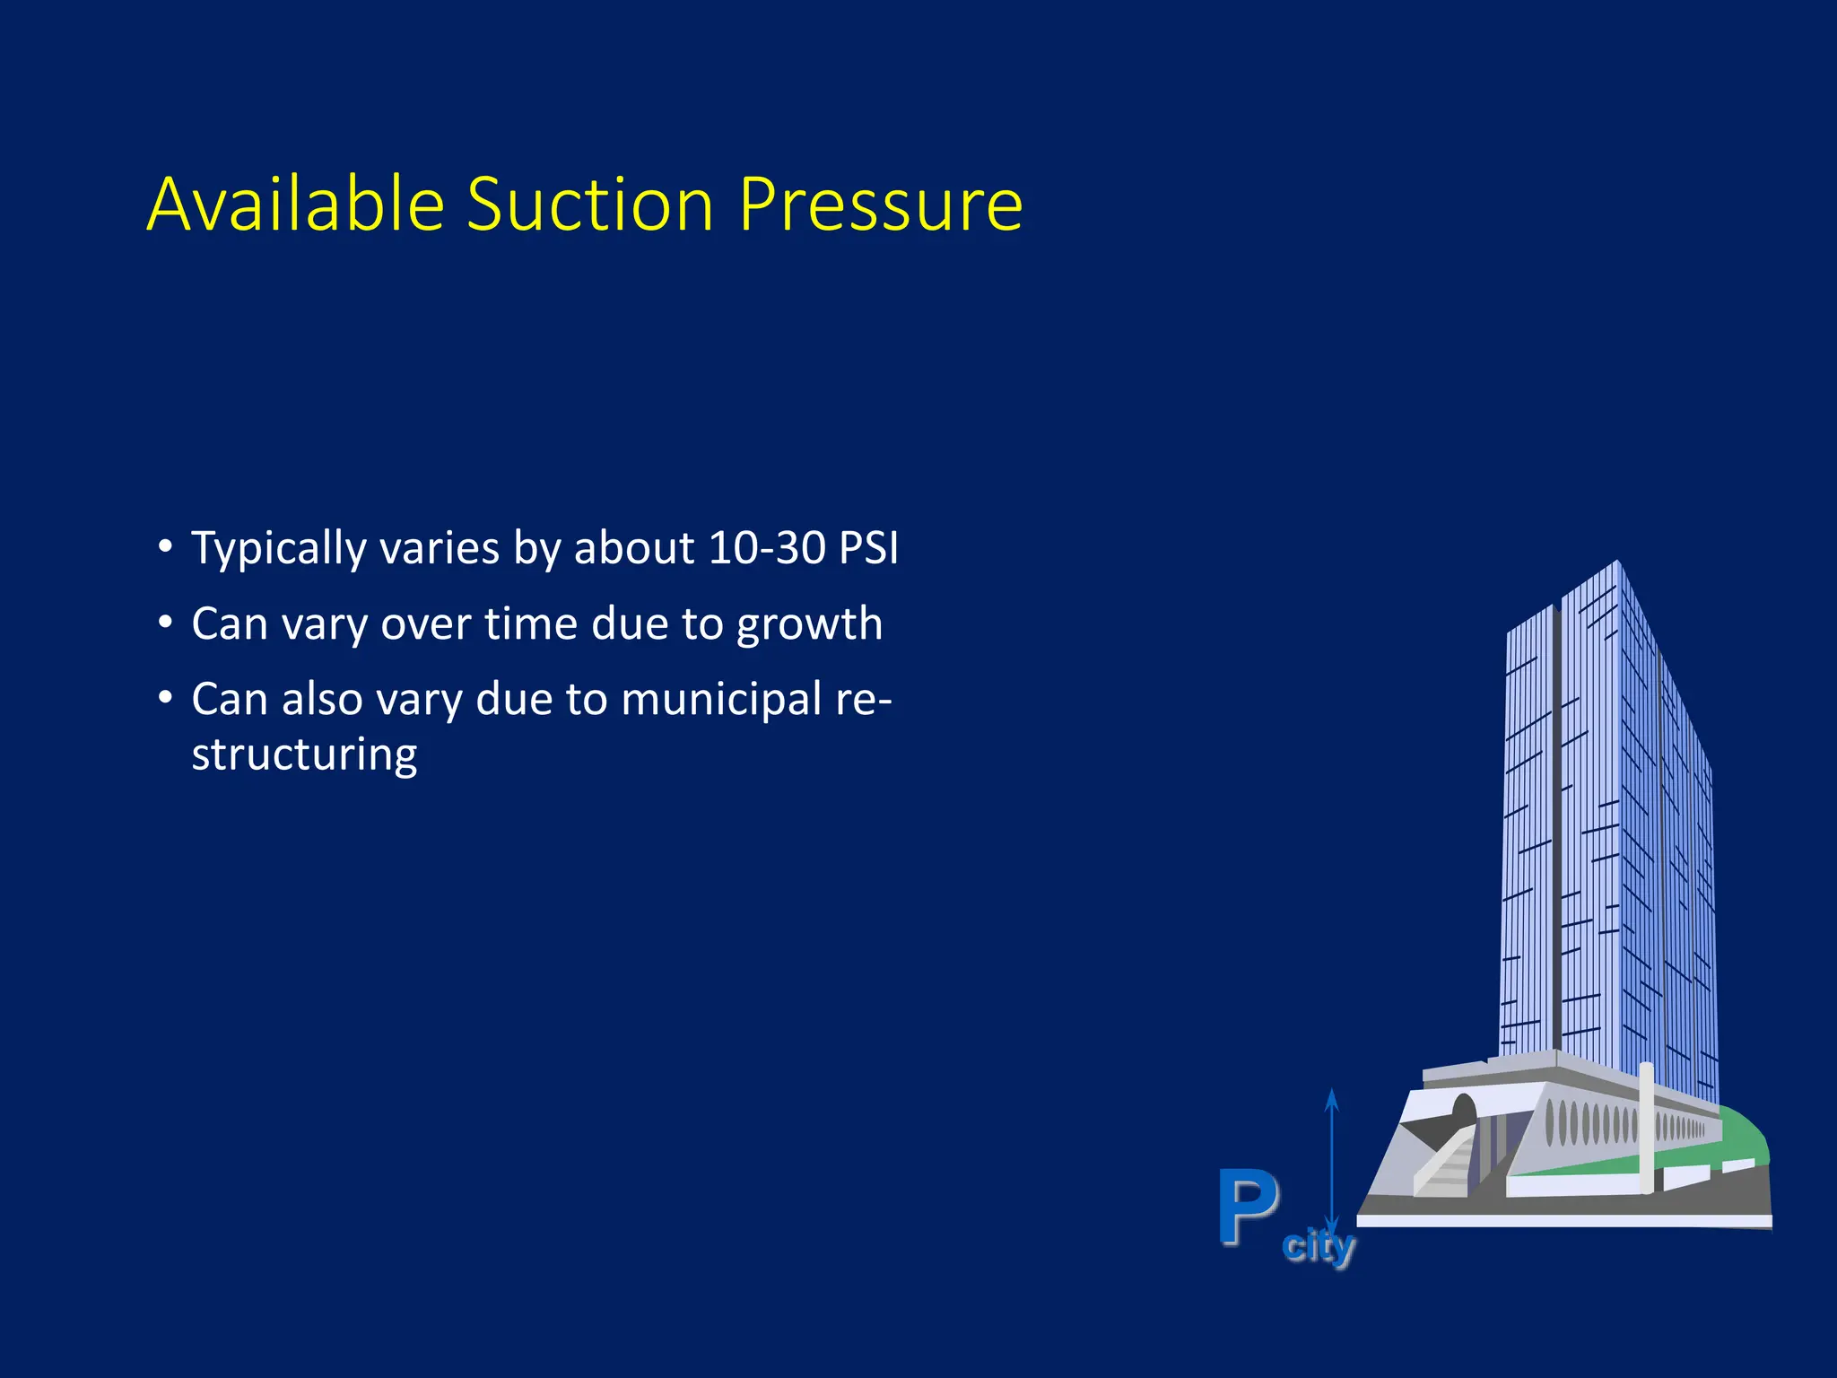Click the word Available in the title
pos(295,205)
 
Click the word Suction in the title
pos(589,205)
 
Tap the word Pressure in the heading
pos(880,205)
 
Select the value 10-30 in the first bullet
pos(766,547)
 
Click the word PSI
pos(867,547)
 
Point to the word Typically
pos(278,549)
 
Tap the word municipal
pos(720,701)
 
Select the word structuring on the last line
pos(304,754)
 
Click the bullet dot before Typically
pos(164,546)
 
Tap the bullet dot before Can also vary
pos(164,697)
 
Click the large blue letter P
pos(1248,1207)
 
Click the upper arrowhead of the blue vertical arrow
pos(1332,1100)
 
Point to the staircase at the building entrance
pos(1445,1164)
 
